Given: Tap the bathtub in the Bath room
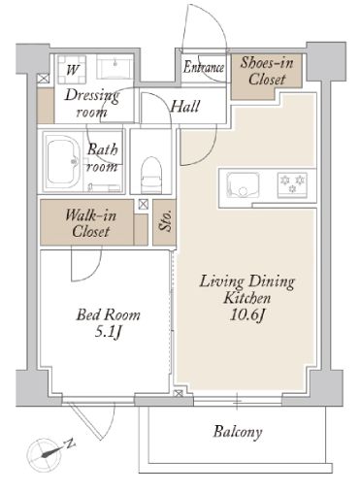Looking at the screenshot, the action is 63,161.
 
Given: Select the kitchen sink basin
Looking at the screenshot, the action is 244,185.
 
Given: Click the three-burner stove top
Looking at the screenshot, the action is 292,183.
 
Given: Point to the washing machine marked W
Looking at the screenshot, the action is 72,69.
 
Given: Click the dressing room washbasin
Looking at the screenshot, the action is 115,68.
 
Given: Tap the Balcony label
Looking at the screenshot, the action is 238,432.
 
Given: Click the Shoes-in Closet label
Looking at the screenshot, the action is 267,71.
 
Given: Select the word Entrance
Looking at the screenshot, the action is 204,67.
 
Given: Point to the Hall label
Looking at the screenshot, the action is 185,106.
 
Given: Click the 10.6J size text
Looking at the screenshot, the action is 247,314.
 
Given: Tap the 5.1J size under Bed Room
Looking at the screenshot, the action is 108,332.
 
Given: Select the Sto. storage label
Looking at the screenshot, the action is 165,221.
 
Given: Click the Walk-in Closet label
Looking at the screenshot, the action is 90,223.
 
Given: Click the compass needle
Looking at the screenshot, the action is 50,452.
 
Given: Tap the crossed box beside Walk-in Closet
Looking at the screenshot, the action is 143,204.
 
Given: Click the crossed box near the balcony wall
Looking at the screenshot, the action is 179,394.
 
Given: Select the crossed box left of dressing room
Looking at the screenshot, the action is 43,79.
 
